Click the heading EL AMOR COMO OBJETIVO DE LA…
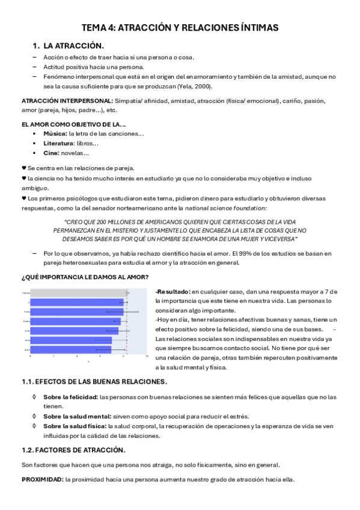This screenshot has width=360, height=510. point(73,124)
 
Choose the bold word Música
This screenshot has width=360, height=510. point(55,134)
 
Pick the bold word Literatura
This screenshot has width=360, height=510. point(59,143)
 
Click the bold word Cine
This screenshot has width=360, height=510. point(52,153)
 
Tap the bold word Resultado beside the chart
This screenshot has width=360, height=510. point(173,292)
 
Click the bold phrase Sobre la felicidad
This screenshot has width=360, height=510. point(71,397)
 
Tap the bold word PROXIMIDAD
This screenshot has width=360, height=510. point(42,479)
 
